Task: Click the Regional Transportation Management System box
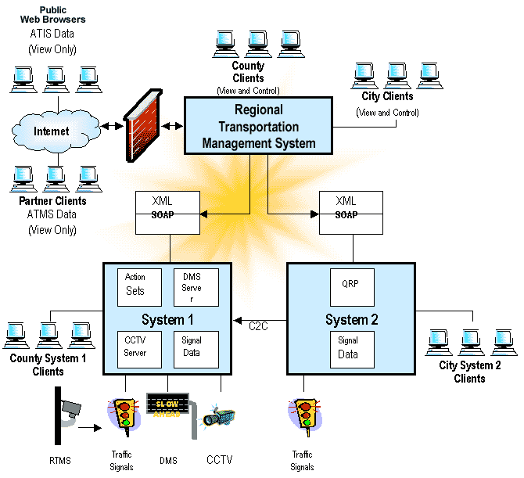tap(258, 125)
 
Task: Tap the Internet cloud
tap(52, 131)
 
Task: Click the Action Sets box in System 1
tap(139, 286)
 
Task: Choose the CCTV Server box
tap(139, 349)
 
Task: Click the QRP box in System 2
tap(351, 287)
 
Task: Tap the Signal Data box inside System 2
tap(351, 349)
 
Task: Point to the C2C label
tap(259, 325)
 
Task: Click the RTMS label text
tap(60, 461)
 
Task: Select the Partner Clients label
tap(52, 201)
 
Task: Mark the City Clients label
tap(387, 97)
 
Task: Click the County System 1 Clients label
tap(48, 365)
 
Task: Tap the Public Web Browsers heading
tap(52, 13)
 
